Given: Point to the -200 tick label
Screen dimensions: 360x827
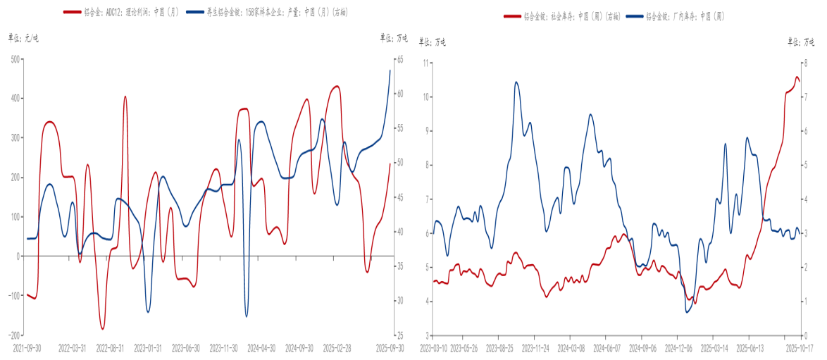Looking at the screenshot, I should click(13, 335).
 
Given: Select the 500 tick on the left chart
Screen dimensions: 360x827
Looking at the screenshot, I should click(15, 59).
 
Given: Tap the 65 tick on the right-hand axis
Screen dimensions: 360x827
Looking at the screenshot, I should click(398, 59).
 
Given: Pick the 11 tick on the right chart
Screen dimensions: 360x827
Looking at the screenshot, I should click(425, 63).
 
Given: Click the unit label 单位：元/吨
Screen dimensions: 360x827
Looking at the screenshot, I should click(23, 38).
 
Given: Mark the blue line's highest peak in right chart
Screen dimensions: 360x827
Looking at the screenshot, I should click(516, 82).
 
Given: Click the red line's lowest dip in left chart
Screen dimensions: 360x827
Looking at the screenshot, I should click(102, 329).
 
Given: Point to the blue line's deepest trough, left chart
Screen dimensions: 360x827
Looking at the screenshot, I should click(247, 316).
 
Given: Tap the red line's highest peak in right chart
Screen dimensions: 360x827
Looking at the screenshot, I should click(797, 77).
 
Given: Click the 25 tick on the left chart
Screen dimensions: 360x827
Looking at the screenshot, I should click(398, 335).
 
